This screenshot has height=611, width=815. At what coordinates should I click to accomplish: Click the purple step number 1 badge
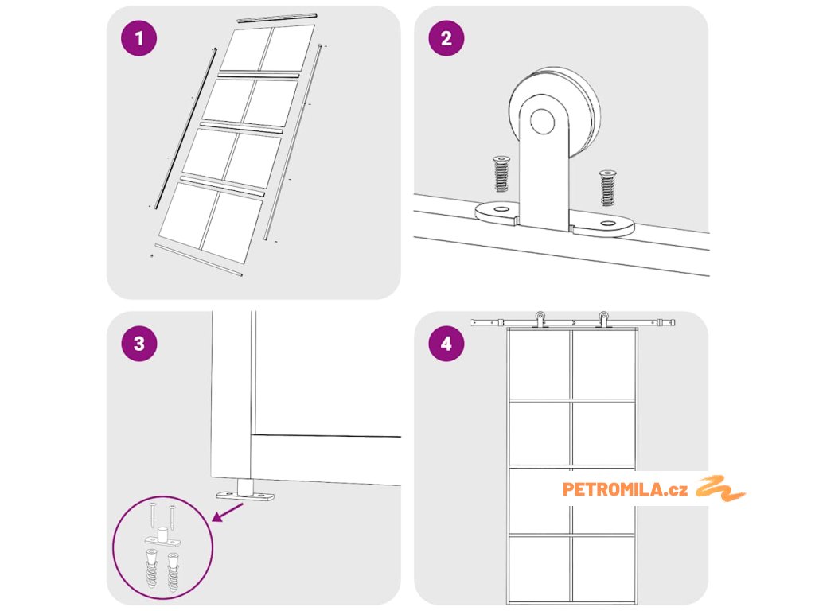pyautogui.click(x=138, y=38)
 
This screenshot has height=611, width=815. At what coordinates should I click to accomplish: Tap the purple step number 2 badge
pyautogui.click(x=446, y=38)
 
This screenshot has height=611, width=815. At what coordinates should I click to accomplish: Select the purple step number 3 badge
pyautogui.click(x=138, y=344)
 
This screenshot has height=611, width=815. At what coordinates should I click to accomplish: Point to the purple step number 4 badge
pyautogui.click(x=446, y=344)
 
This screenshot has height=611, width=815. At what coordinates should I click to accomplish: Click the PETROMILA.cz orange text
pyautogui.click(x=625, y=489)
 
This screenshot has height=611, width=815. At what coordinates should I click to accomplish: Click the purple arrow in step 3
pyautogui.click(x=227, y=512)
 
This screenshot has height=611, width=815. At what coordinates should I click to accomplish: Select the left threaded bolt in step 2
pyautogui.click(x=501, y=173)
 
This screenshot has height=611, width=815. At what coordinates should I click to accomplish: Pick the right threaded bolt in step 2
pyautogui.click(x=607, y=187)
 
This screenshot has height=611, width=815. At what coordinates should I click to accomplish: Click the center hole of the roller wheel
pyautogui.click(x=542, y=121)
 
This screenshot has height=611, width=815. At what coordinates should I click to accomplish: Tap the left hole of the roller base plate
pyautogui.click(x=501, y=209)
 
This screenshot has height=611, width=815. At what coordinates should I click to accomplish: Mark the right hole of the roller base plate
pyautogui.click(x=607, y=224)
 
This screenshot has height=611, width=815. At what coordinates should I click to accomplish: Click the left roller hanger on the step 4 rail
pyautogui.click(x=540, y=319)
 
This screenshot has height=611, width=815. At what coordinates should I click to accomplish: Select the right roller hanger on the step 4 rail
pyautogui.click(x=603, y=319)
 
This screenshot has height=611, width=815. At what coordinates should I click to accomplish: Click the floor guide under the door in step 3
pyautogui.click(x=245, y=491)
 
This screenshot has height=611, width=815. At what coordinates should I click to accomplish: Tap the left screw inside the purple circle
pyautogui.click(x=153, y=515)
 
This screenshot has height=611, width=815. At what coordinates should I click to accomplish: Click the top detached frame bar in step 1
pyautogui.click(x=277, y=18)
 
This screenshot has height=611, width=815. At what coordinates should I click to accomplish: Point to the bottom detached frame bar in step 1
pyautogui.click(x=198, y=260)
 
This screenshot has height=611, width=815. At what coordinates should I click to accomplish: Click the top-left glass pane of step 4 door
pyautogui.click(x=539, y=364)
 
